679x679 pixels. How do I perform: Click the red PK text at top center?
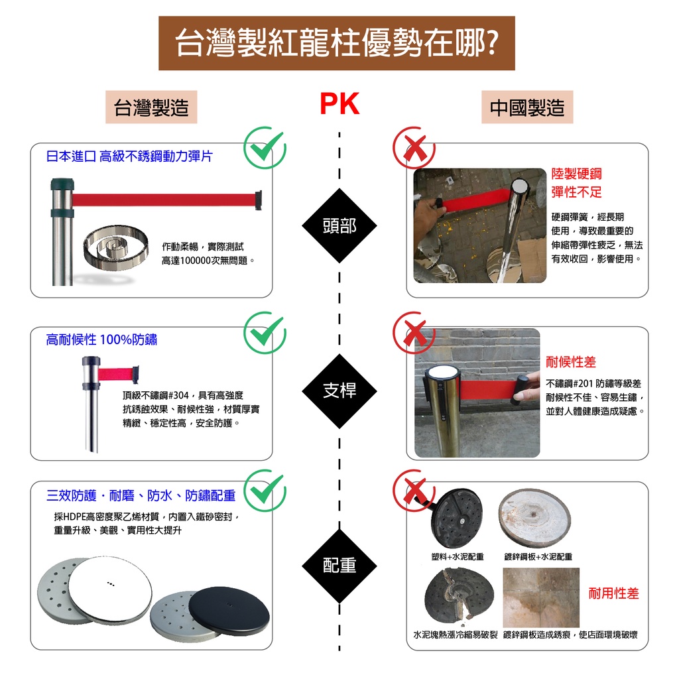(x=339, y=105)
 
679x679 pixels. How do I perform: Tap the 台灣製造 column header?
(x=151, y=108)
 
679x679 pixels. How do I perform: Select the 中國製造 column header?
(x=526, y=108)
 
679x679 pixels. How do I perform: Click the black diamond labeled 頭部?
(x=339, y=226)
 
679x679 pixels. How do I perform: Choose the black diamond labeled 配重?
(x=339, y=565)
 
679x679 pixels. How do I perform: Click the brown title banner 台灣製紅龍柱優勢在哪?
(x=337, y=43)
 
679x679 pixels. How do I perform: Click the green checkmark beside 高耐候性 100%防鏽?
(x=265, y=332)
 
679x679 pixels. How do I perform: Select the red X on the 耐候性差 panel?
(x=414, y=332)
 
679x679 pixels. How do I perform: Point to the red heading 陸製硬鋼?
(x=576, y=174)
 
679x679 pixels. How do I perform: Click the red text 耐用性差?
(x=613, y=593)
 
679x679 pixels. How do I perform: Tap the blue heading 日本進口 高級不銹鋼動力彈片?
(x=129, y=156)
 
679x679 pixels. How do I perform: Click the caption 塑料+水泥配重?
(x=457, y=557)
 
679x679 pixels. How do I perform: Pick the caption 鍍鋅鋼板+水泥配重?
(x=538, y=557)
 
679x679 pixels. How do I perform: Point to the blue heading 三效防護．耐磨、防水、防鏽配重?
(x=141, y=496)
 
